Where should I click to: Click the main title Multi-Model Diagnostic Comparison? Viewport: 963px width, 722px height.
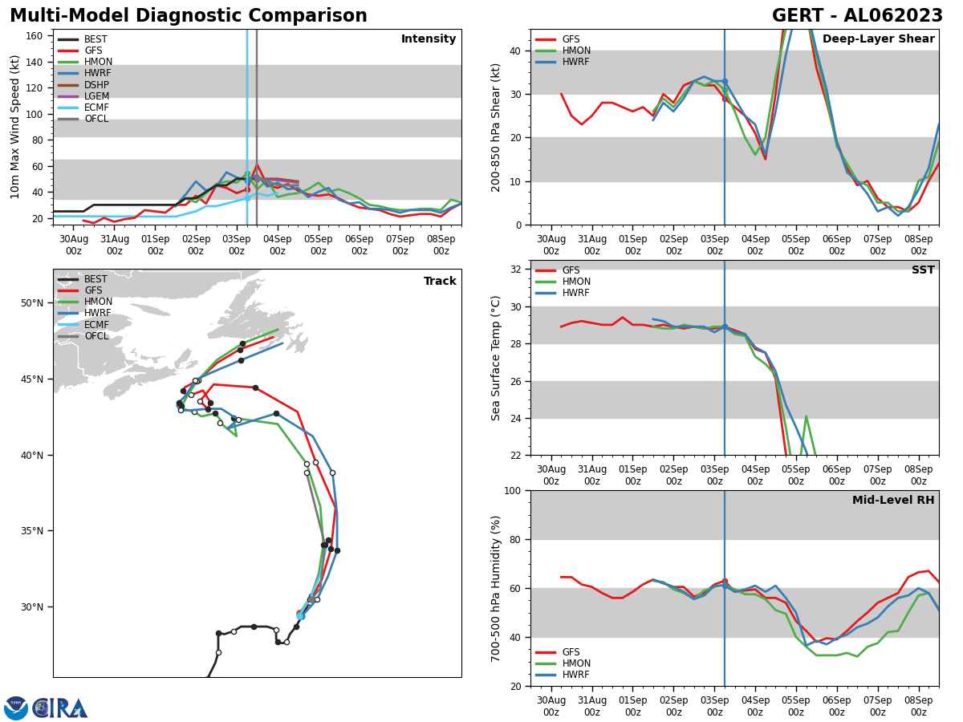point(189,16)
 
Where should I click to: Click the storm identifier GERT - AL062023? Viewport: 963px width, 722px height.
point(857,16)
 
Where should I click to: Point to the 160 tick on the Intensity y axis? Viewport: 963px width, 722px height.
point(35,36)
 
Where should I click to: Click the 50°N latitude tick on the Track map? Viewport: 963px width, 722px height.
point(32,303)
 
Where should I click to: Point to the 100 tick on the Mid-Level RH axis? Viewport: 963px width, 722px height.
point(512,490)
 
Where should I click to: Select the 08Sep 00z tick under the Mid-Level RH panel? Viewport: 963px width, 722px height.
point(918,705)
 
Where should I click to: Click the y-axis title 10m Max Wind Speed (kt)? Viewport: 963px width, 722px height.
point(14,127)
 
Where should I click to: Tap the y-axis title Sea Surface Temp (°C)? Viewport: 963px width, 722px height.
point(496,358)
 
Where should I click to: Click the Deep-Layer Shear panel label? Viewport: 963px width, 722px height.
point(878,39)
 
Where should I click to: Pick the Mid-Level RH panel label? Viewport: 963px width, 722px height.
point(893,501)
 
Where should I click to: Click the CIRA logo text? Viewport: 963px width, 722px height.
point(60,708)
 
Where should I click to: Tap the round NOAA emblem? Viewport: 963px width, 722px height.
point(16,708)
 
